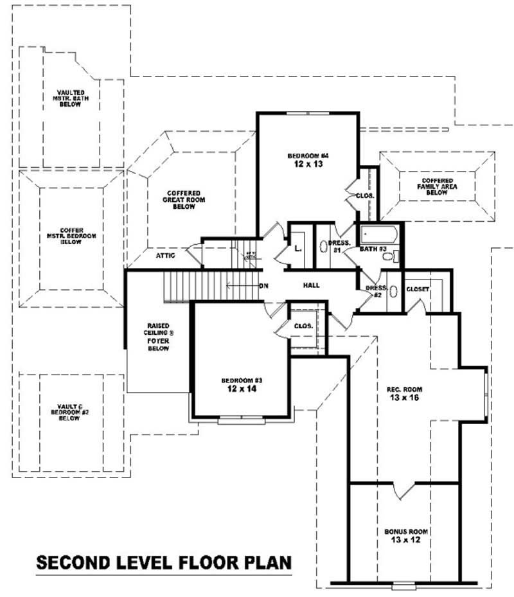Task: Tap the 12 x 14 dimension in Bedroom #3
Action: [241, 389]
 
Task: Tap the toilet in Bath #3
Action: [388, 256]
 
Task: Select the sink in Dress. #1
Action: [323, 247]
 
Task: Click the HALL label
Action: [311, 285]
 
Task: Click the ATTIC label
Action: [165, 256]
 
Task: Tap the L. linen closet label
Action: [297, 248]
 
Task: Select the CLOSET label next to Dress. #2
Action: [418, 290]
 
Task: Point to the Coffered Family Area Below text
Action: [438, 186]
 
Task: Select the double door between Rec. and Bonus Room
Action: [403, 492]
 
